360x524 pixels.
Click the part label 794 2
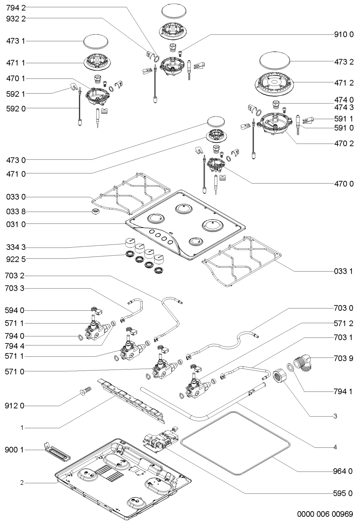(16, 8)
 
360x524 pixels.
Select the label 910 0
(344, 35)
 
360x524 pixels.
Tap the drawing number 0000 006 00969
(325, 514)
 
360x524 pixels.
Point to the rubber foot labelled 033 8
(96, 212)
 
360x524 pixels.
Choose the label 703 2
(14, 276)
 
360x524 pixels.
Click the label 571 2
(343, 323)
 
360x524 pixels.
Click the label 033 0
(16, 197)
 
